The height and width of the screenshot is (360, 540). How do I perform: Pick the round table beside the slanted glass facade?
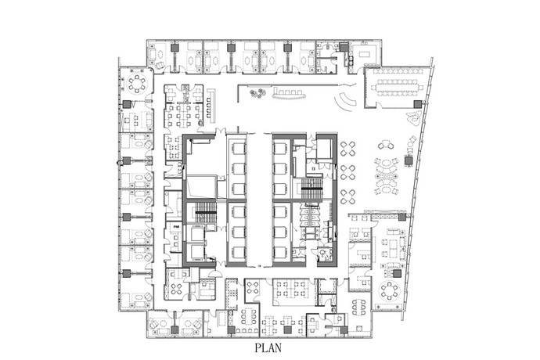388,291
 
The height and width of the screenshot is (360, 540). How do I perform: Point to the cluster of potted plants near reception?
256,95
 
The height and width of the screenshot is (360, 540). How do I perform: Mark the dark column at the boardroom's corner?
418,104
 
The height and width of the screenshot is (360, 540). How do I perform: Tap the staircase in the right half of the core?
312,187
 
